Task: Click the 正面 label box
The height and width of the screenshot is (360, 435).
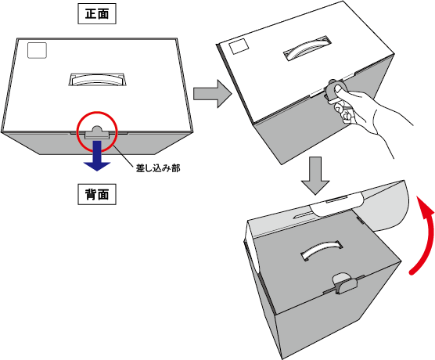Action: pos(97,13)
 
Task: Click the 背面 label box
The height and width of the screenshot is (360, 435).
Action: pos(97,194)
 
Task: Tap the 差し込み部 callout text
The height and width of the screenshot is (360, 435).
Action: pos(158,168)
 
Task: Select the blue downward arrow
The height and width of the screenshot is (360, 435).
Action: pos(97,156)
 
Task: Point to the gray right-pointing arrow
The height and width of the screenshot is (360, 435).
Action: pos(212,94)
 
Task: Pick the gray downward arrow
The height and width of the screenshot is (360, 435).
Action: pos(315,175)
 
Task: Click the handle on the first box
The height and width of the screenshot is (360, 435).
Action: pos(97,79)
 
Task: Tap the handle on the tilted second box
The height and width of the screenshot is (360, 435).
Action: pos(307,48)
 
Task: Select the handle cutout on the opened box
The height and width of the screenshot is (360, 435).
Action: pos(322,250)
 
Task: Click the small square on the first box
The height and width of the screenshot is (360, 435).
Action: pos(38,51)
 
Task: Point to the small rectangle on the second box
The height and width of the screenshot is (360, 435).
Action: pos(239,46)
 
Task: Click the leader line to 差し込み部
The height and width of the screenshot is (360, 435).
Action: pos(124,156)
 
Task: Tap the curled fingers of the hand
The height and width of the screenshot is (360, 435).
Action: pos(343,110)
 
